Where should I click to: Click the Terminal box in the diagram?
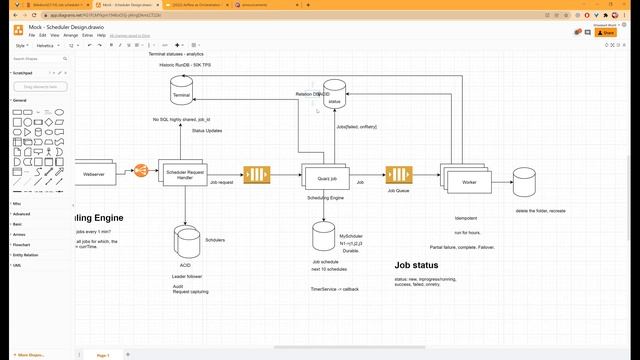(181, 94)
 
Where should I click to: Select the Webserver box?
(94, 173)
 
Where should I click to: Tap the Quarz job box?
(325, 177)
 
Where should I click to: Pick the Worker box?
(469, 182)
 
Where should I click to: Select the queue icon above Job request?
(257, 176)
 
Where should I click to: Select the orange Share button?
(605, 33)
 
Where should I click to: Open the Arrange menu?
(71, 36)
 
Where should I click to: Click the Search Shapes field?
(38, 59)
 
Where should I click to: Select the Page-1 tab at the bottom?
(102, 355)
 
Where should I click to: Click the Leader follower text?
(187, 276)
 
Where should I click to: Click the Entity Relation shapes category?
(27, 255)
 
